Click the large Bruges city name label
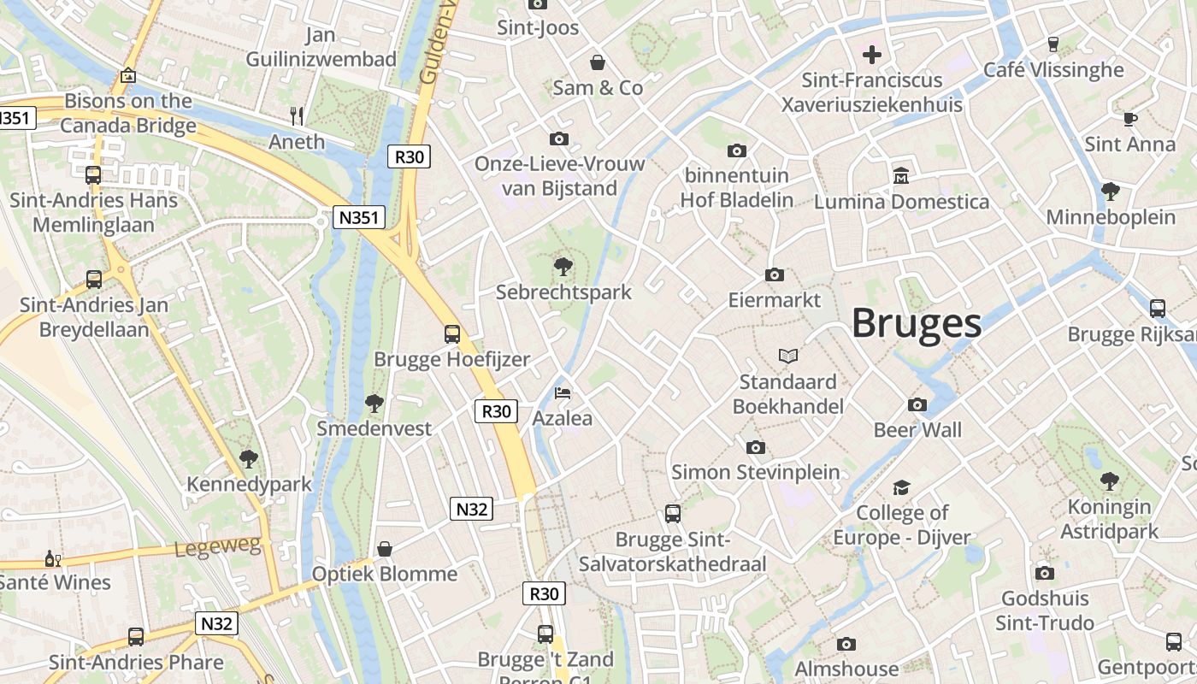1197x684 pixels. click(916, 324)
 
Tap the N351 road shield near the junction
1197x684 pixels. click(358, 217)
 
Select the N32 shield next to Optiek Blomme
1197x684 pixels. click(471, 510)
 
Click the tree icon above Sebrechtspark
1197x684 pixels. click(563, 267)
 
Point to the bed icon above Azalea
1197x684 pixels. click(563, 393)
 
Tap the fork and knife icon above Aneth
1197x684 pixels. click(297, 115)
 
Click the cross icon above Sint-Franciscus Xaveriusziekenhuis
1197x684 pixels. click(871, 56)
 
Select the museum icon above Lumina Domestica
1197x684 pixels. click(900, 176)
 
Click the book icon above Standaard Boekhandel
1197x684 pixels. click(787, 356)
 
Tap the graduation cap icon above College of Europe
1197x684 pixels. click(901, 487)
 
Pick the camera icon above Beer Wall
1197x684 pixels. click(917, 404)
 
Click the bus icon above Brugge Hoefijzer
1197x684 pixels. click(451, 333)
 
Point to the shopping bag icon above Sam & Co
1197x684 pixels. click(597, 62)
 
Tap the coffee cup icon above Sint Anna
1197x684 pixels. click(1129, 119)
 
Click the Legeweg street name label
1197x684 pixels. click(217, 545)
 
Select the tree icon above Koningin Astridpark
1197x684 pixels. click(1109, 481)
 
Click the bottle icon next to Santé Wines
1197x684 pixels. click(50, 558)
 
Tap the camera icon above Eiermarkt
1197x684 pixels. click(774, 274)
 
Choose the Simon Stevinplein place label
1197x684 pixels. click(755, 472)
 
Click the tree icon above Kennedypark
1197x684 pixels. click(248, 459)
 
